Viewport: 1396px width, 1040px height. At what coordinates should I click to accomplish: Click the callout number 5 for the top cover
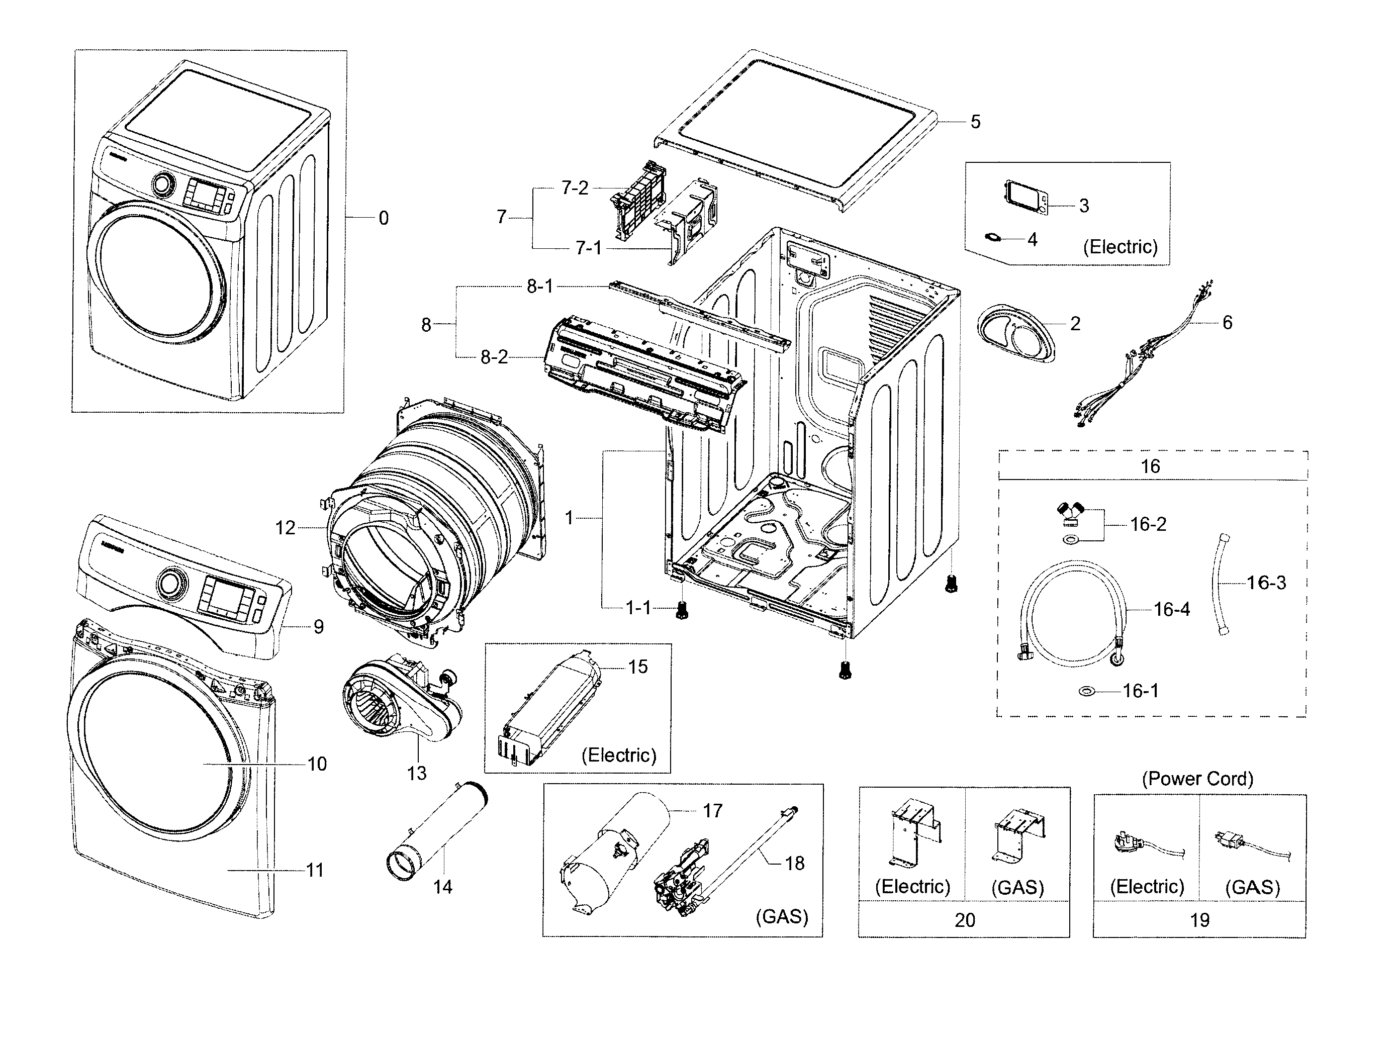pyautogui.click(x=975, y=122)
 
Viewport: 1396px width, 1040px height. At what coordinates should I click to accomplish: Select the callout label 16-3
pyautogui.click(x=1266, y=582)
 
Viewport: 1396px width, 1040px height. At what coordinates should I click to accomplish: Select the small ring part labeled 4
pyautogui.click(x=993, y=237)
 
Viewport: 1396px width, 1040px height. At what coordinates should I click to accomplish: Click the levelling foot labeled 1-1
pyautogui.click(x=681, y=610)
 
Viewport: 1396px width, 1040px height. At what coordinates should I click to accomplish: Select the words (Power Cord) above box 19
pyautogui.click(x=1197, y=779)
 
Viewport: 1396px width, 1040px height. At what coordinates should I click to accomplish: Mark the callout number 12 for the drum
pyautogui.click(x=285, y=528)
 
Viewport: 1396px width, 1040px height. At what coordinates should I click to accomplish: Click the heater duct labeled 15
pyautogui.click(x=549, y=708)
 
